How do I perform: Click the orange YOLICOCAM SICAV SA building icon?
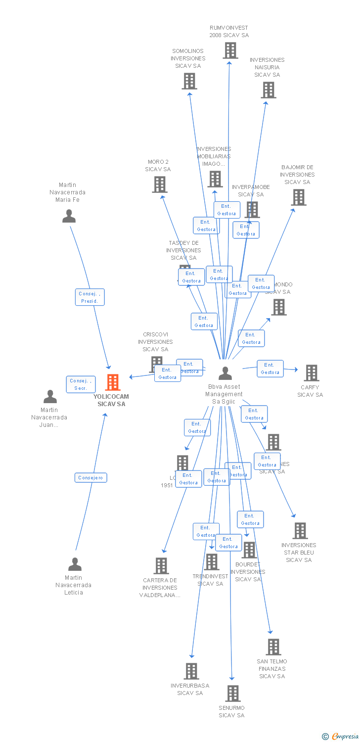pyautogui.click(x=113, y=382)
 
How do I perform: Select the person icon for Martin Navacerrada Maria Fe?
pyautogui.click(x=69, y=216)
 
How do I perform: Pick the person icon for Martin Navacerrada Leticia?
pyautogui.click(x=75, y=564)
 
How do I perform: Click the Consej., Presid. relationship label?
pyautogui.click(x=90, y=297)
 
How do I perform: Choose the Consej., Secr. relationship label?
pyautogui.click(x=81, y=384)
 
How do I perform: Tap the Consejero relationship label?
pyautogui.click(x=91, y=478)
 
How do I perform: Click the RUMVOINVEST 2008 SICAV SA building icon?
pyautogui.click(x=230, y=50)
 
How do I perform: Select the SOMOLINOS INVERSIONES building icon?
pyautogui.click(x=189, y=81)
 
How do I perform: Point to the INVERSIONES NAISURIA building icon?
pyautogui.click(x=268, y=90)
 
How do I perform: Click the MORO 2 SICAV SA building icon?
pyautogui.click(x=159, y=185)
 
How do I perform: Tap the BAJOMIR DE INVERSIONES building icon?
pyautogui.click(x=298, y=197)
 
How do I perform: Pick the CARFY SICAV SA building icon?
pyautogui.click(x=311, y=373)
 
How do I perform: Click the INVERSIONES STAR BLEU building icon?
pyautogui.click(x=300, y=531)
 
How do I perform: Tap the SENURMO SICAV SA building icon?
pyautogui.click(x=232, y=694)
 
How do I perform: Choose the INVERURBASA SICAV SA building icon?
pyautogui.click(x=191, y=671)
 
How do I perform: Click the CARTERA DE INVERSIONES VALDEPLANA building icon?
pyautogui.click(x=161, y=566)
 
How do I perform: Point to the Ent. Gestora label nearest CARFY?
pyautogui.click(x=270, y=369)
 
